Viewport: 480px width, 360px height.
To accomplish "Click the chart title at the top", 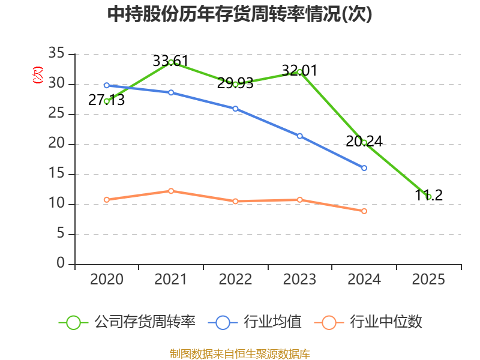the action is coord(239,14).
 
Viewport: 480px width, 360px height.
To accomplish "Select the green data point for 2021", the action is coord(171,62).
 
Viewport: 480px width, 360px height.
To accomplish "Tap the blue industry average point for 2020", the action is coord(107,85).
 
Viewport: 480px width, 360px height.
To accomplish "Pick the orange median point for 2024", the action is coord(364,211).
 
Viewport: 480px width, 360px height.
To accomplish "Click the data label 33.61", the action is coord(170,61).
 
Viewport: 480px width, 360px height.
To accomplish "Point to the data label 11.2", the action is coord(428,196).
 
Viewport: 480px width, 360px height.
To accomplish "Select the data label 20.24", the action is coord(364,142).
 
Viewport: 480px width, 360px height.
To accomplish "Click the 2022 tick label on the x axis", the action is coord(235,279).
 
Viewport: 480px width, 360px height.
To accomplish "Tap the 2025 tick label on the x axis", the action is coord(428,279).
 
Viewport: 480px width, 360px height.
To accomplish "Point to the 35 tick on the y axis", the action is coord(56,53).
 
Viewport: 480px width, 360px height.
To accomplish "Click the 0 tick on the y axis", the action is coord(61,263).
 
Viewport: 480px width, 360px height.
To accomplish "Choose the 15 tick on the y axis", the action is coord(56,173).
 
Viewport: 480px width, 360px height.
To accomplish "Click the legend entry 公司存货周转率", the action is coord(127,322).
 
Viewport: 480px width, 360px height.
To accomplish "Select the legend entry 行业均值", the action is coord(254,322).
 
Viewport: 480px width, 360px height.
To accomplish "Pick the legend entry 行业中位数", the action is coord(368,322).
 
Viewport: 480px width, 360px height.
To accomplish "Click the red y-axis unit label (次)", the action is coord(38,75).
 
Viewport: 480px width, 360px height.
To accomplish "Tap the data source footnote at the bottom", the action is coord(239,354).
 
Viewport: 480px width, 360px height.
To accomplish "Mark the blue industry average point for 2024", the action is coord(364,168).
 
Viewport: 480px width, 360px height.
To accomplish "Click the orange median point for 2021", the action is coord(171,191).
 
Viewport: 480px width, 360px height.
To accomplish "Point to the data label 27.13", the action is coord(107,100).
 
